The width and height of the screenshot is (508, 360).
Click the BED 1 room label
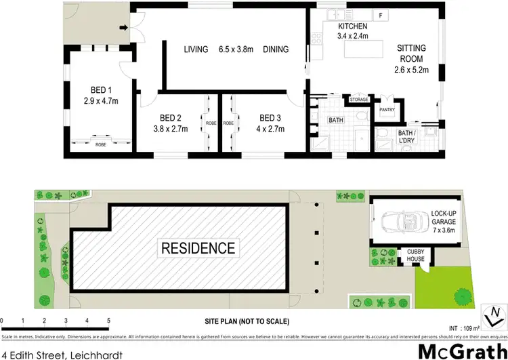[x=101, y=89]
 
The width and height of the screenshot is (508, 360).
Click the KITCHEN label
[x=353, y=26]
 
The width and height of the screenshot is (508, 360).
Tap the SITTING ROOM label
[x=411, y=54]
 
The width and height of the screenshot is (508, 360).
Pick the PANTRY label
[x=387, y=110]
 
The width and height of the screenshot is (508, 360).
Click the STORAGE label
[x=359, y=100]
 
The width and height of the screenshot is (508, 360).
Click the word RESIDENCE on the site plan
[x=198, y=247]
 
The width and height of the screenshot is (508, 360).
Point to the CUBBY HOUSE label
[x=415, y=255]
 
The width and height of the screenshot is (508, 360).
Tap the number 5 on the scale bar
[x=108, y=320]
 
